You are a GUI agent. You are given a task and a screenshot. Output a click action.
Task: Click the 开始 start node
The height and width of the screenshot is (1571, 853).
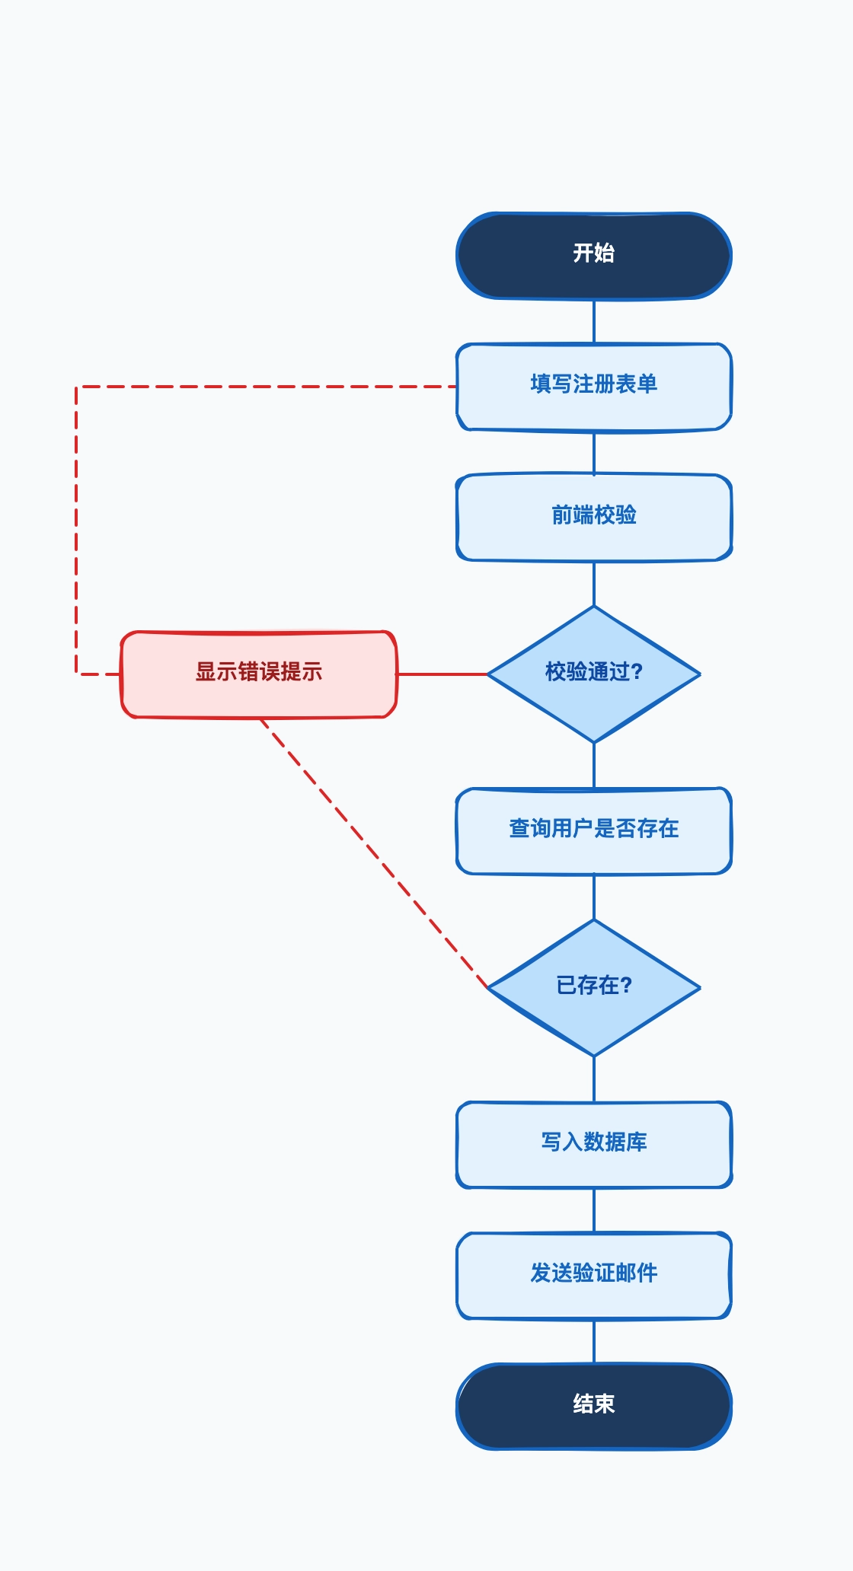pyautogui.click(x=594, y=256)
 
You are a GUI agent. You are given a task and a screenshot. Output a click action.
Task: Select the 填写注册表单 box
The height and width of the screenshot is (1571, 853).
pyautogui.click(x=594, y=387)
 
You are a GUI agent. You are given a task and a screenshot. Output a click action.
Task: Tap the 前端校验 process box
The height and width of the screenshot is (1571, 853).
pyautogui.click(x=594, y=518)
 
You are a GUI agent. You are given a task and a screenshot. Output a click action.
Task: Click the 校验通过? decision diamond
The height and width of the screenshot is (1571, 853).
pyautogui.click(x=594, y=674)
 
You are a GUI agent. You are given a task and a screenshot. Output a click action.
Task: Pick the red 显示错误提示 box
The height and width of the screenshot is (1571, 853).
pyautogui.click(x=259, y=674)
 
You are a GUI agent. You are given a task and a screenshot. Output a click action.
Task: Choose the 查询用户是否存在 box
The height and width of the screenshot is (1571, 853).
pyautogui.click(x=594, y=830)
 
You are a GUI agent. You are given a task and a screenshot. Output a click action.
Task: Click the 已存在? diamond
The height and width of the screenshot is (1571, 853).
pyautogui.click(x=594, y=987)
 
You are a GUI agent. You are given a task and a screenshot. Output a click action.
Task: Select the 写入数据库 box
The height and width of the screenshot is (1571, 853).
pyautogui.click(x=594, y=1144)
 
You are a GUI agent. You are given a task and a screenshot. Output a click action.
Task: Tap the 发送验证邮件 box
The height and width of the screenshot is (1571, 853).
pyautogui.click(x=594, y=1275)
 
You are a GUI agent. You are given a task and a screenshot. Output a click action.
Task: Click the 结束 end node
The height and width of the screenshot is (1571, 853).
pyautogui.click(x=594, y=1406)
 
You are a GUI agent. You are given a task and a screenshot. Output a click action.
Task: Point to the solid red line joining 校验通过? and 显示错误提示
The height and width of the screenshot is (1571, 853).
pyautogui.click(x=442, y=674)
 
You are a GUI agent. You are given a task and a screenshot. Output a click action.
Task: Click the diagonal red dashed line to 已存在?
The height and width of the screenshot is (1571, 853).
pyautogui.click(x=373, y=853)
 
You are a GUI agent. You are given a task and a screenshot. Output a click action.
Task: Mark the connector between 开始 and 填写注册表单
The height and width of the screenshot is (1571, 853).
pyautogui.click(x=594, y=321)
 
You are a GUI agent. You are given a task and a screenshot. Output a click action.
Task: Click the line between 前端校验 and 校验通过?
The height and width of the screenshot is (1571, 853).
pyautogui.click(x=594, y=584)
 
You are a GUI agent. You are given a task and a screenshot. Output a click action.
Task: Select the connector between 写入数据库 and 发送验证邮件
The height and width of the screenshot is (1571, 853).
pyautogui.click(x=594, y=1210)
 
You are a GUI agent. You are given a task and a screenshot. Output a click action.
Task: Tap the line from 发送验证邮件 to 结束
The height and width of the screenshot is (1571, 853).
pyautogui.click(x=594, y=1341)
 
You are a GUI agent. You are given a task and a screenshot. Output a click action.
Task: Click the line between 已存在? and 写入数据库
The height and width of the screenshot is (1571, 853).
pyautogui.click(x=594, y=1079)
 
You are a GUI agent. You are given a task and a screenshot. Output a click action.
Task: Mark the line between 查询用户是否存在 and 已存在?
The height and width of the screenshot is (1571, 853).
pyautogui.click(x=594, y=897)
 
